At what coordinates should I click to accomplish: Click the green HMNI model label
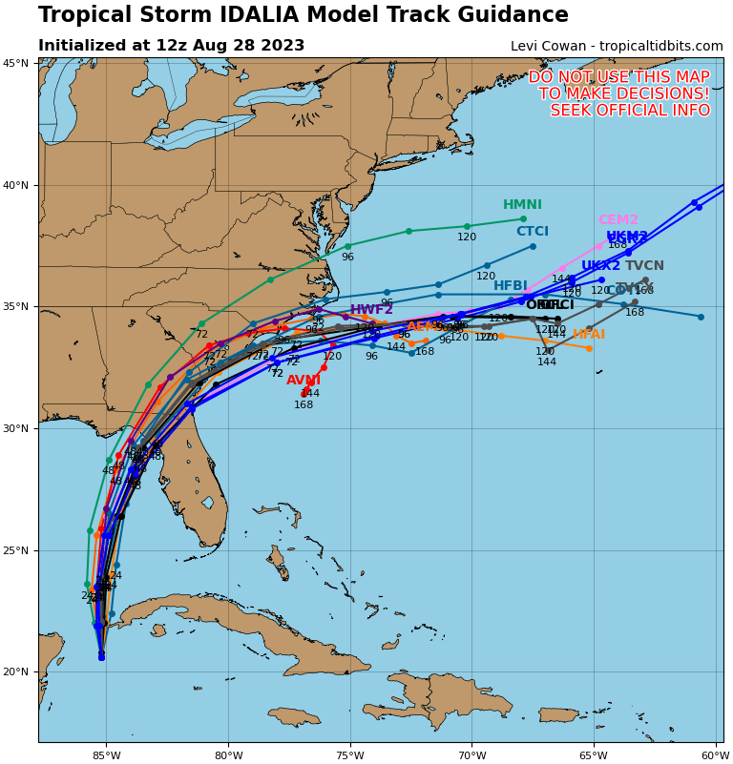tap(522, 205)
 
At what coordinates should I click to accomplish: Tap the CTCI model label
tap(533, 232)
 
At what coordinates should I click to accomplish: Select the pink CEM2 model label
tap(618, 220)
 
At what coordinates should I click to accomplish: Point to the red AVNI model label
tap(304, 381)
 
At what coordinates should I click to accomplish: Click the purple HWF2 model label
tap(371, 310)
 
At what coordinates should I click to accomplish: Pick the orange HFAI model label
tap(589, 335)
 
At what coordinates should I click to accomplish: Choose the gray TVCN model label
tap(644, 266)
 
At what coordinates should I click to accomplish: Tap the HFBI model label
tap(511, 286)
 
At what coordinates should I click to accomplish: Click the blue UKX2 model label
tap(600, 266)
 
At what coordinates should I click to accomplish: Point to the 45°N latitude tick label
tap(15, 63)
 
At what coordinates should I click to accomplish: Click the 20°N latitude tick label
tap(15, 672)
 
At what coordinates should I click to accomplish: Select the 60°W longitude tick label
tap(715, 755)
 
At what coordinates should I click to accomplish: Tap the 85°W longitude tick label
tap(107, 755)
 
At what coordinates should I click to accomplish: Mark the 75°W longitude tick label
tap(350, 755)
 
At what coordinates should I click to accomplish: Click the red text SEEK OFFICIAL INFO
tap(630, 111)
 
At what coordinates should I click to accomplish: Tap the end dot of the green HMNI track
tap(523, 218)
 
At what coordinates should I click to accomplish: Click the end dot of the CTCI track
tap(533, 246)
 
